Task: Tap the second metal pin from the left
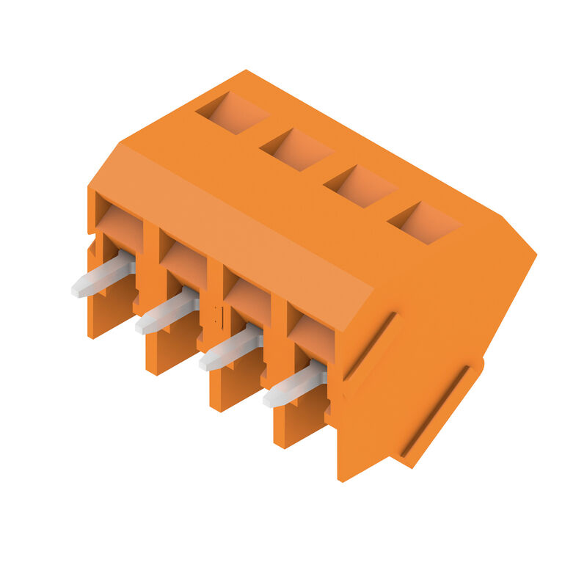167,311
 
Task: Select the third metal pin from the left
230,347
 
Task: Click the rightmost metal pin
294,384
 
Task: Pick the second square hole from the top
297,150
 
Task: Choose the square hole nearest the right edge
425,222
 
